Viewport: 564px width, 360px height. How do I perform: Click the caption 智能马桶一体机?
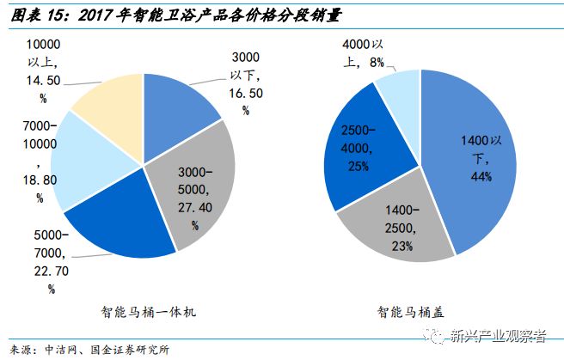[x=147, y=313]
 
